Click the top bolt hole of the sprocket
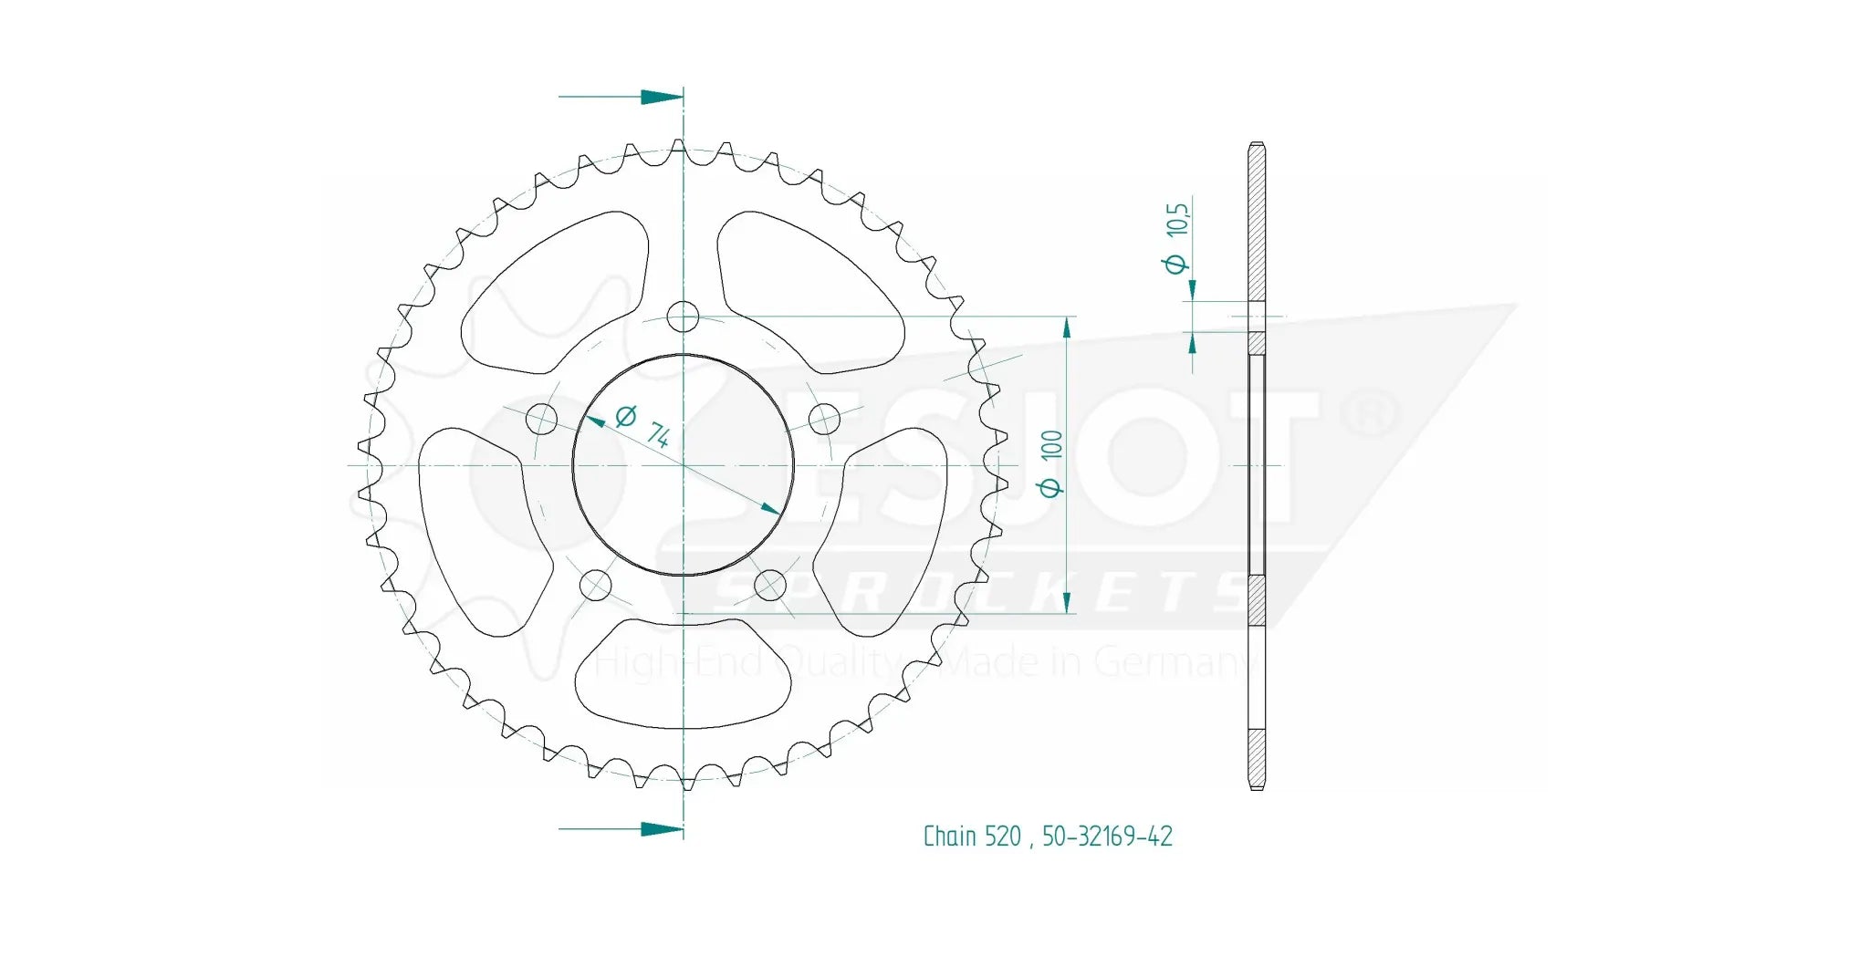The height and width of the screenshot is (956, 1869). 683,317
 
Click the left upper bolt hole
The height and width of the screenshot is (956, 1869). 542,420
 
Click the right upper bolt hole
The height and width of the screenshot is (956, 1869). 824,420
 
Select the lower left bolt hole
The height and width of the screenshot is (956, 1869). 596,585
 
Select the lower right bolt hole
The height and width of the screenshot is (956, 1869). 770,585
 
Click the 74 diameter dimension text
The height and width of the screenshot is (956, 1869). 645,426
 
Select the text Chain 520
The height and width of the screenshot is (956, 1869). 972,836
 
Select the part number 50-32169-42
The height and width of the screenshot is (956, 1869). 1107,836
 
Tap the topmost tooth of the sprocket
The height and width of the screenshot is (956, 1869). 678,146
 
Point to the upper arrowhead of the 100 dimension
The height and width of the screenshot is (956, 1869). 1067,327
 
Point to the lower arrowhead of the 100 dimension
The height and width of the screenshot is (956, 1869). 1067,603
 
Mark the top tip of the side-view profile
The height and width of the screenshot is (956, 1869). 1257,144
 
